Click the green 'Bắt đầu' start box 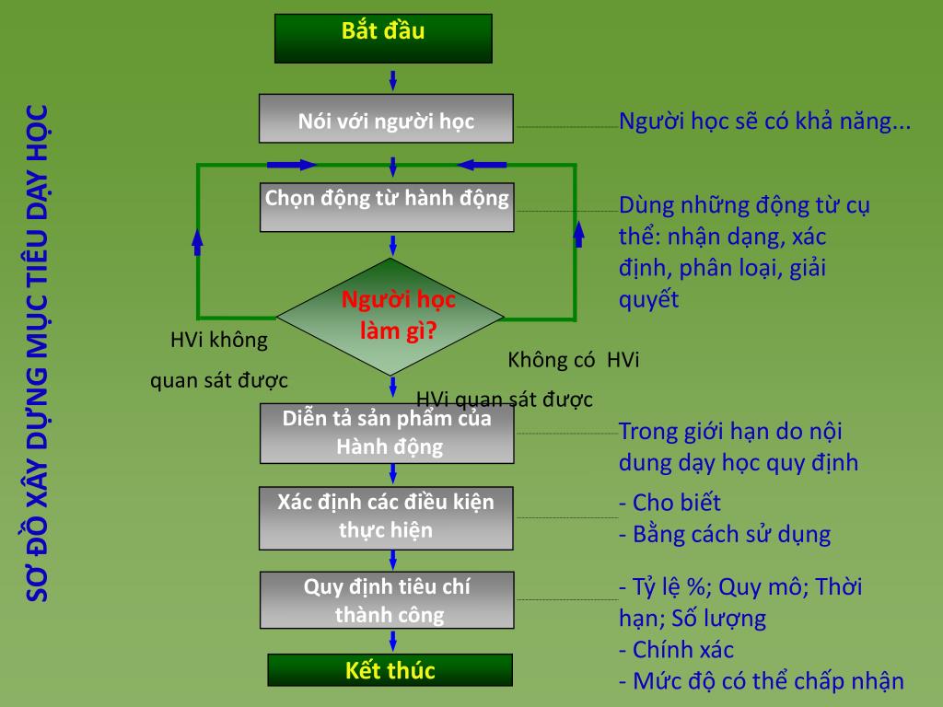[x=383, y=38]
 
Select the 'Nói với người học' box [x=386, y=119]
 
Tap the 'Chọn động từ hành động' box [x=387, y=206]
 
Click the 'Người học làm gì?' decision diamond [x=391, y=316]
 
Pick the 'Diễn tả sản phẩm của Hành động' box [x=387, y=433]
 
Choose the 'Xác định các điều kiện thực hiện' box [x=386, y=516]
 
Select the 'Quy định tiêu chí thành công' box [x=387, y=600]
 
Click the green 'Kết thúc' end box [x=390, y=670]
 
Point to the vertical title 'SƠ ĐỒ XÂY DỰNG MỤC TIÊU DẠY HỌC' [x=40, y=353]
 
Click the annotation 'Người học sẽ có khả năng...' [x=764, y=121]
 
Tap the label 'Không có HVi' [x=573, y=359]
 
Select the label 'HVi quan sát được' [x=505, y=399]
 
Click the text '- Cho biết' [x=669, y=503]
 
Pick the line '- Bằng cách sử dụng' [x=725, y=534]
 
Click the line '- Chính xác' [x=676, y=649]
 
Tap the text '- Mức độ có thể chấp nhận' [x=761, y=681]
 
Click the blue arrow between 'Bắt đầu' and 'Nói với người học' [x=393, y=79]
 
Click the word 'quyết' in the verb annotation [x=648, y=299]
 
